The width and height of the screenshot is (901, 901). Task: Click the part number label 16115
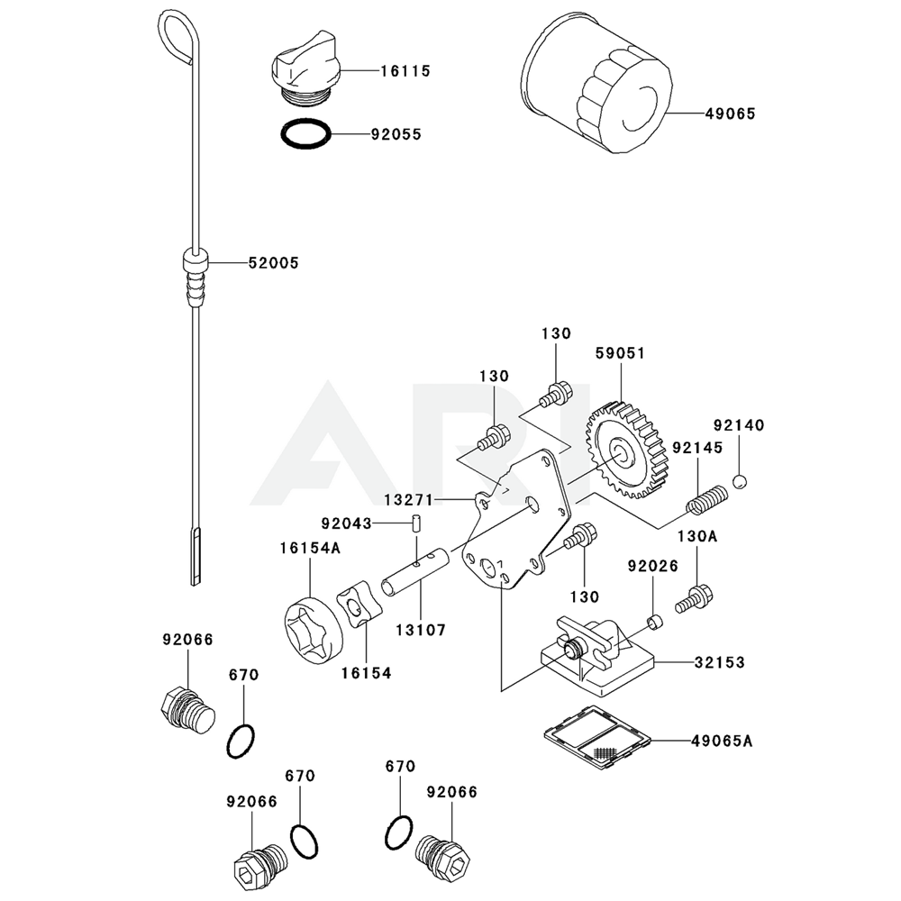pyautogui.click(x=405, y=70)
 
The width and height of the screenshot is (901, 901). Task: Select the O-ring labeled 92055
pyautogui.click(x=305, y=135)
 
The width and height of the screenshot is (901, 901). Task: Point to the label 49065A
pyautogui.click(x=722, y=742)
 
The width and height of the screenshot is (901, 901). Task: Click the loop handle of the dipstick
pyautogui.click(x=176, y=35)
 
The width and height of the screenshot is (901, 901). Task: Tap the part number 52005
pyautogui.click(x=274, y=263)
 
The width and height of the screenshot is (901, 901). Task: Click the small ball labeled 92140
pyautogui.click(x=740, y=482)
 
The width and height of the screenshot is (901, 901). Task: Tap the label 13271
pyautogui.click(x=409, y=498)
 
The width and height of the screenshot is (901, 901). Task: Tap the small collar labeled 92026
pyautogui.click(x=655, y=622)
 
